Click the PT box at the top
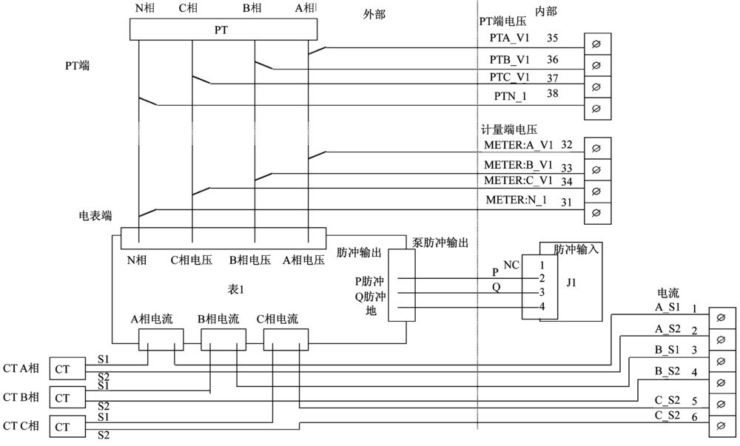click(222, 30)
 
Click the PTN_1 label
click(511, 96)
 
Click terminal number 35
click(552, 36)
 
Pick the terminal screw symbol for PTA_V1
click(597, 45)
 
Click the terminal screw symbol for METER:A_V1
click(597, 149)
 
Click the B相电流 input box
click(223, 340)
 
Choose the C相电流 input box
click(286, 340)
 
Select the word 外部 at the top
click(374, 15)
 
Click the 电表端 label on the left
click(95, 216)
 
